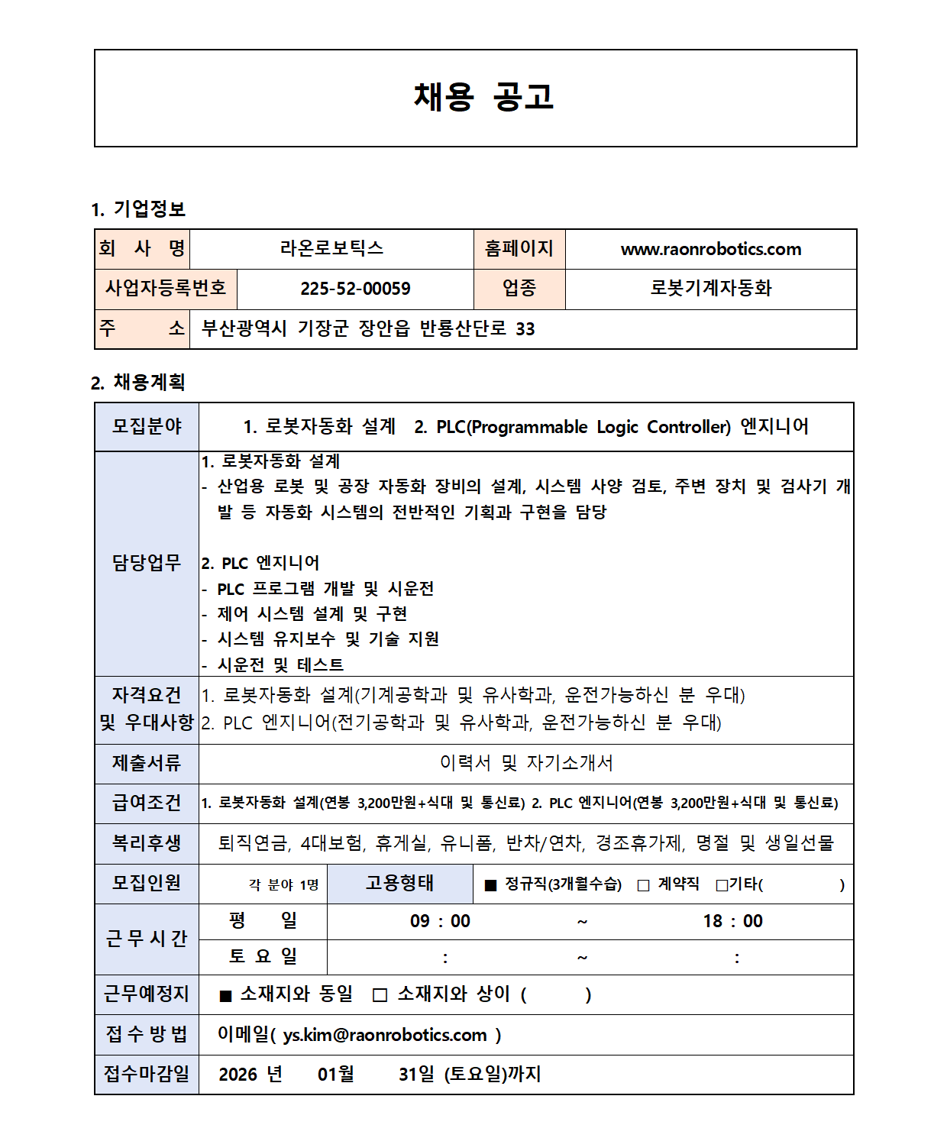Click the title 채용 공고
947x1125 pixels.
(x=483, y=97)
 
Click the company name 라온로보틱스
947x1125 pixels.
(x=331, y=248)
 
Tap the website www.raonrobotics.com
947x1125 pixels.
(x=710, y=249)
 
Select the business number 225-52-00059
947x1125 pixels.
(x=355, y=289)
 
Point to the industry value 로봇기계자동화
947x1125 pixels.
(x=710, y=288)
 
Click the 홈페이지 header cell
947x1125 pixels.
(x=519, y=248)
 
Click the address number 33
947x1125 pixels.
(x=525, y=329)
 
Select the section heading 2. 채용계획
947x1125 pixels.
(x=138, y=382)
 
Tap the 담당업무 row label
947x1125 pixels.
(x=147, y=563)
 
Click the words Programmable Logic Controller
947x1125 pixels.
(x=600, y=427)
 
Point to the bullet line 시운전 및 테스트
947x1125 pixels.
(x=280, y=665)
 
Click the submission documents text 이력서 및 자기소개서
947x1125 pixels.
(x=526, y=763)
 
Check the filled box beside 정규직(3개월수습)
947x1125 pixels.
(x=491, y=885)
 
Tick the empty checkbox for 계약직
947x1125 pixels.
(x=643, y=885)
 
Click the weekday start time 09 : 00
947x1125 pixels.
(x=440, y=921)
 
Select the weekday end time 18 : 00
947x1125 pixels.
(x=732, y=921)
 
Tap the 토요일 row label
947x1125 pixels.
(x=263, y=956)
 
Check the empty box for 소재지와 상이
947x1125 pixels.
(x=380, y=995)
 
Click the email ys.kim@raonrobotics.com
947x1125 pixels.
(x=385, y=1035)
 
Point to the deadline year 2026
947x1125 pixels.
(x=238, y=1075)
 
